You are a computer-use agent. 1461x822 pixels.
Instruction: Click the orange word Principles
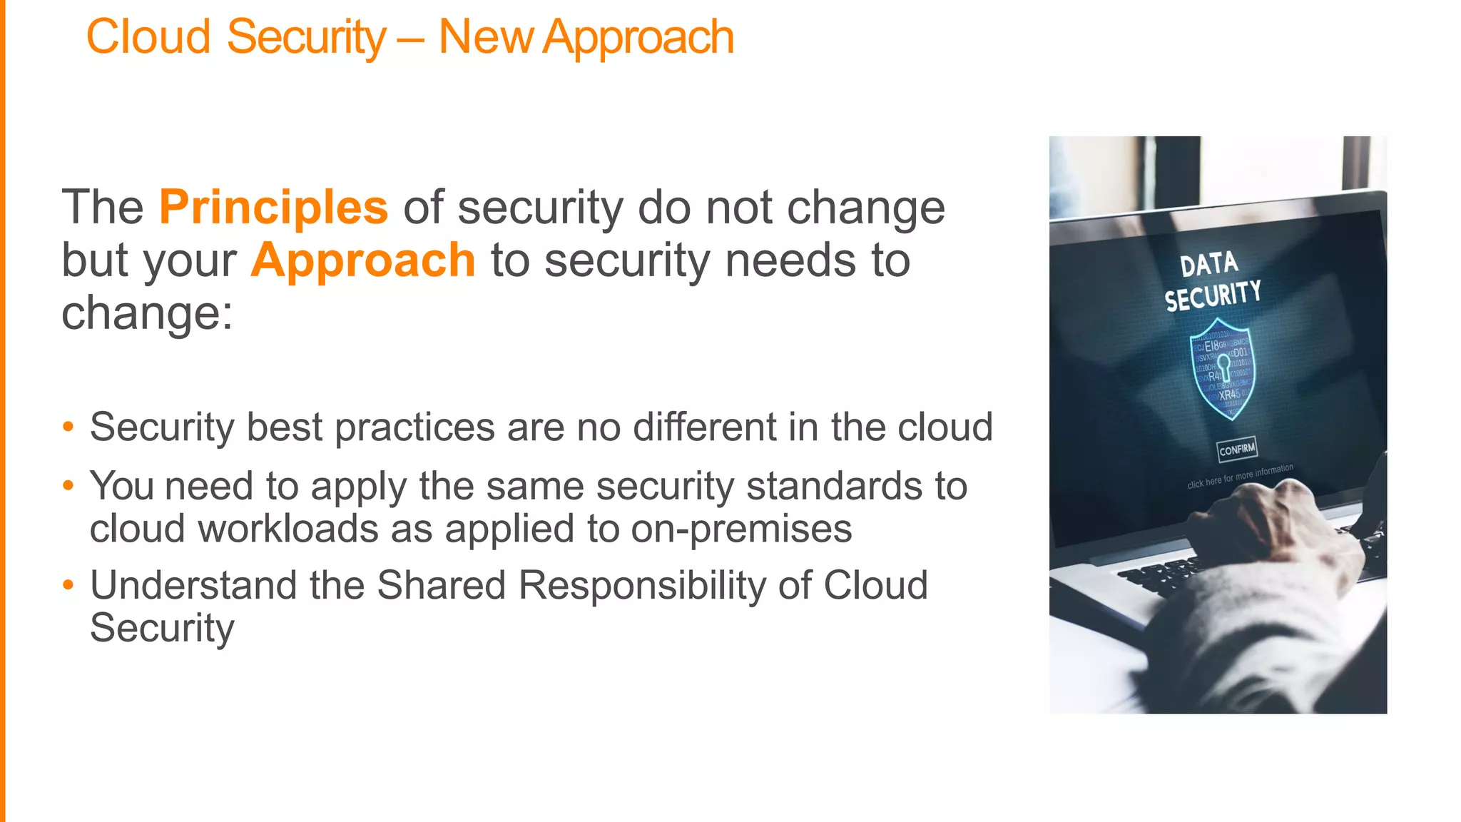(273, 208)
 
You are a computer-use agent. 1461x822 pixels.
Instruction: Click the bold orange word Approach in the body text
(362, 260)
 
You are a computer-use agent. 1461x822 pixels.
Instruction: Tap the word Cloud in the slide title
(148, 37)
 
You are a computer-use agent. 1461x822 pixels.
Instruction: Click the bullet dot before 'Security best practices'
(68, 427)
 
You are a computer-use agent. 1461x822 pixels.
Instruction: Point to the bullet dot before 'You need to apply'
(68, 487)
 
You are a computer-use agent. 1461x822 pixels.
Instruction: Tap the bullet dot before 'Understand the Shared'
(68, 586)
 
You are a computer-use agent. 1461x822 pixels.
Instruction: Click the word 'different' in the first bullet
(704, 427)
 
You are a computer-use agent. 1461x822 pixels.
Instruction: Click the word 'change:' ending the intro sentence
(147, 313)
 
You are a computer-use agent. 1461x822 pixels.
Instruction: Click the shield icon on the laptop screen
(1223, 368)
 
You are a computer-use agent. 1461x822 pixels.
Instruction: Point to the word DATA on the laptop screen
(1208, 265)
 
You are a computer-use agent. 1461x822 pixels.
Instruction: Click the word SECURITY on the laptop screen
(1213, 295)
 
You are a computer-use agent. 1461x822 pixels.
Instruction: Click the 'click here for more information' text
(1240, 476)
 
